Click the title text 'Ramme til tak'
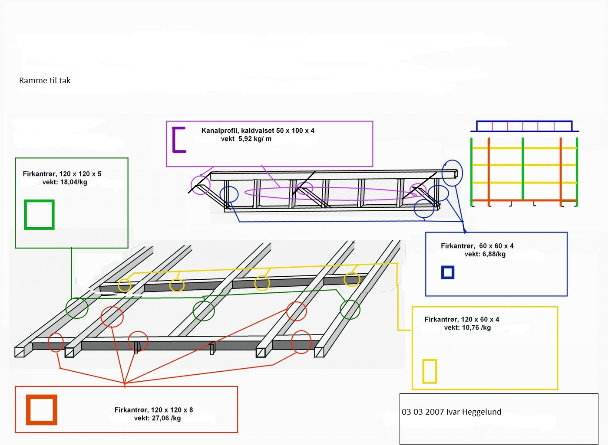(x=45, y=81)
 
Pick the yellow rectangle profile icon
(x=424, y=371)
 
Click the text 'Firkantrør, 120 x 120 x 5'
(x=62, y=174)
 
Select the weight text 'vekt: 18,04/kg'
(x=65, y=182)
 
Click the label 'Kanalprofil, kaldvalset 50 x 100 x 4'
(x=258, y=131)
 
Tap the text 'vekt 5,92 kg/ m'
(x=246, y=139)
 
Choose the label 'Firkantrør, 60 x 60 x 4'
(x=477, y=246)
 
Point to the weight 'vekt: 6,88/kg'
(x=485, y=254)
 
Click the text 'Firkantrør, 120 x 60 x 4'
(x=462, y=320)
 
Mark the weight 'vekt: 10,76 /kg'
(x=467, y=327)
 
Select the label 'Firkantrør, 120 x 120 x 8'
(x=154, y=410)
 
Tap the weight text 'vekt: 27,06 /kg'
(x=157, y=418)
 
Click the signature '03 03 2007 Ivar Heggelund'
(x=451, y=412)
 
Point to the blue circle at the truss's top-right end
(x=442, y=173)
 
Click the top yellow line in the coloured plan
(x=525, y=148)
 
